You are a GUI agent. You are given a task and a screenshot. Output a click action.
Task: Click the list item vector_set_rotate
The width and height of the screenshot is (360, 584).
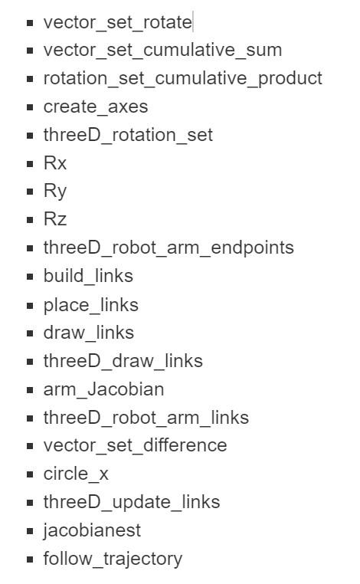click(x=117, y=22)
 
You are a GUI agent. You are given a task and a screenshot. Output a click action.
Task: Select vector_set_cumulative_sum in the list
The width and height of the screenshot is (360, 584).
click(x=162, y=51)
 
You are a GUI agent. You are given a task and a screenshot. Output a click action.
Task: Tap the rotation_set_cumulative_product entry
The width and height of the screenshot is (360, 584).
click(x=182, y=79)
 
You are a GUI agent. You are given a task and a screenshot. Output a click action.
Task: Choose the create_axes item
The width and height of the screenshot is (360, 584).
click(x=96, y=107)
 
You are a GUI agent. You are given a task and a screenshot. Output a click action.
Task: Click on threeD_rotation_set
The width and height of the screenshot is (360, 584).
click(x=128, y=136)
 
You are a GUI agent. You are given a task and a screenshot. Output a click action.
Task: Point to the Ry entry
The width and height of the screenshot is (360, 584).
click(x=55, y=192)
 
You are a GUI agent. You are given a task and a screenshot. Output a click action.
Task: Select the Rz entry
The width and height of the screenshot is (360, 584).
click(x=55, y=220)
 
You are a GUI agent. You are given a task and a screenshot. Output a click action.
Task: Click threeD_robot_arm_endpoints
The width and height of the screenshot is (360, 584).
click(x=169, y=248)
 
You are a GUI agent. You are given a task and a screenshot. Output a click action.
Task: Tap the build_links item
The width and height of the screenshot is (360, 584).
click(x=88, y=276)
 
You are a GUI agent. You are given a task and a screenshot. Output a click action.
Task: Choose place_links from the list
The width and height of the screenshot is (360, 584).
click(x=91, y=305)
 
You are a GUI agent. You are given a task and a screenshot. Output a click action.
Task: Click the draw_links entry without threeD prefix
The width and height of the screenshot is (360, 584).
click(x=88, y=333)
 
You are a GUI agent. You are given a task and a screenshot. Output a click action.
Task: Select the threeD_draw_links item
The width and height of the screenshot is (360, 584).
click(x=123, y=361)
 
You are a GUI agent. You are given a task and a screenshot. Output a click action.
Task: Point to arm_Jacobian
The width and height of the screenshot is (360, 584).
click(x=103, y=389)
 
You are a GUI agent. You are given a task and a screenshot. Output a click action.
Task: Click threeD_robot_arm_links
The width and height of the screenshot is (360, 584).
click(x=146, y=418)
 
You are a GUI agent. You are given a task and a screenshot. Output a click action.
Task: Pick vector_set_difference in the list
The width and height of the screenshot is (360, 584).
click(x=135, y=445)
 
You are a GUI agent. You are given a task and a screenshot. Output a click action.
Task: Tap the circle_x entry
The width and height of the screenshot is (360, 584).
click(x=76, y=474)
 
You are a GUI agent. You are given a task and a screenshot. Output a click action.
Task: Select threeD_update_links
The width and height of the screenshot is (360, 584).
click(x=132, y=502)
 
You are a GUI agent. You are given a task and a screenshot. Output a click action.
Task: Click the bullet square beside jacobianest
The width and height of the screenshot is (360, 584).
click(x=30, y=531)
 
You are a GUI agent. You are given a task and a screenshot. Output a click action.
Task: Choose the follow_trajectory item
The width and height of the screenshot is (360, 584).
click(x=113, y=559)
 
